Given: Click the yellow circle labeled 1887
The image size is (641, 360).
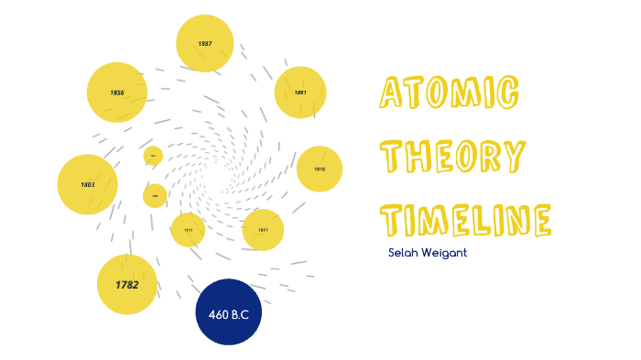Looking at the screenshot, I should [x=205, y=43].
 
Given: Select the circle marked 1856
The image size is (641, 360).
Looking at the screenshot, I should [x=117, y=93].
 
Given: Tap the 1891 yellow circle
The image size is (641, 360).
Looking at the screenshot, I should [x=300, y=93].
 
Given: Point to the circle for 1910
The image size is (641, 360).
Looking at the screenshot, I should [x=320, y=169].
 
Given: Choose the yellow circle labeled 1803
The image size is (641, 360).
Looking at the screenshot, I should [x=87, y=184].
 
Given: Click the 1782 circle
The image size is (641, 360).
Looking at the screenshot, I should [x=127, y=285].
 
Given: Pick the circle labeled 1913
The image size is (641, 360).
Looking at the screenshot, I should [x=188, y=230].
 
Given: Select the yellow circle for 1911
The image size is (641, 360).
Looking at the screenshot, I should [x=263, y=230].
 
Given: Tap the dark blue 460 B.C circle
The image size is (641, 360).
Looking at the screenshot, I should [x=229, y=314].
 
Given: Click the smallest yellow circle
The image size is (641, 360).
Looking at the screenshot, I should [x=153, y=156].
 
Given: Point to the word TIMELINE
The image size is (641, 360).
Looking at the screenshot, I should [x=466, y=219].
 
